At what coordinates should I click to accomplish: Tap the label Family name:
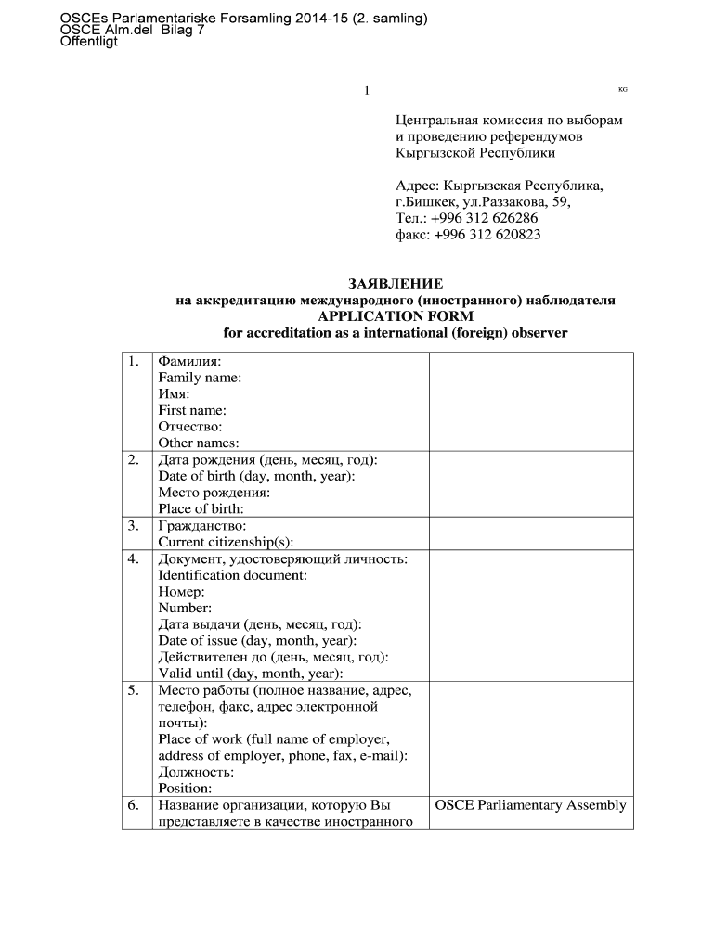click(x=200, y=378)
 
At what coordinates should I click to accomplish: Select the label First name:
click(x=192, y=410)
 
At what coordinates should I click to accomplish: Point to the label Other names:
click(x=199, y=443)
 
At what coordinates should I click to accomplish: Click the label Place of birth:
click(x=201, y=508)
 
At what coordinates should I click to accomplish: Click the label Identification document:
click(x=233, y=575)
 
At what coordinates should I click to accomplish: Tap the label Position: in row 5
click(x=185, y=789)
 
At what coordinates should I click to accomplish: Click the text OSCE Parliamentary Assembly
click(x=530, y=805)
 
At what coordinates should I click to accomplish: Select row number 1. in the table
click(x=135, y=361)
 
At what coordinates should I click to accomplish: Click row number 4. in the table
click(x=135, y=558)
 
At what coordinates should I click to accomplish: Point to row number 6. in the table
click(x=135, y=805)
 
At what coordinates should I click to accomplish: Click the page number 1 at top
click(x=367, y=90)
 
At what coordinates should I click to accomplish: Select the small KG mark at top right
click(x=622, y=89)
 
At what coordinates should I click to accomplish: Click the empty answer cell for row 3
click(x=530, y=533)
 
